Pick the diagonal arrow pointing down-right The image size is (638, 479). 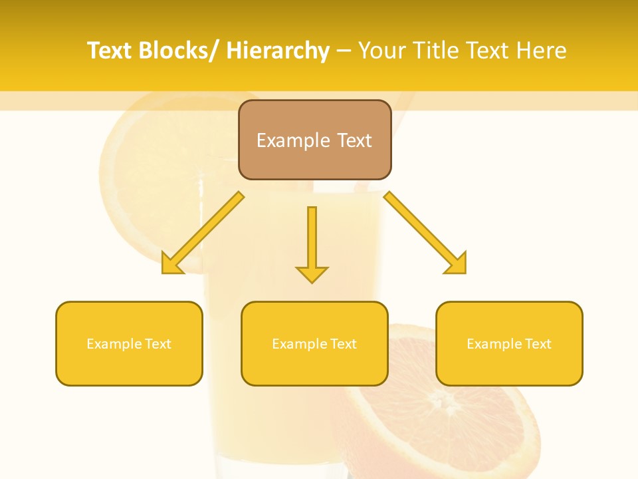click(x=426, y=234)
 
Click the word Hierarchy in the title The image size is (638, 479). click(x=278, y=51)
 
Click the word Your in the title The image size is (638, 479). click(x=384, y=51)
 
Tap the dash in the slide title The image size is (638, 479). click(x=344, y=51)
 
